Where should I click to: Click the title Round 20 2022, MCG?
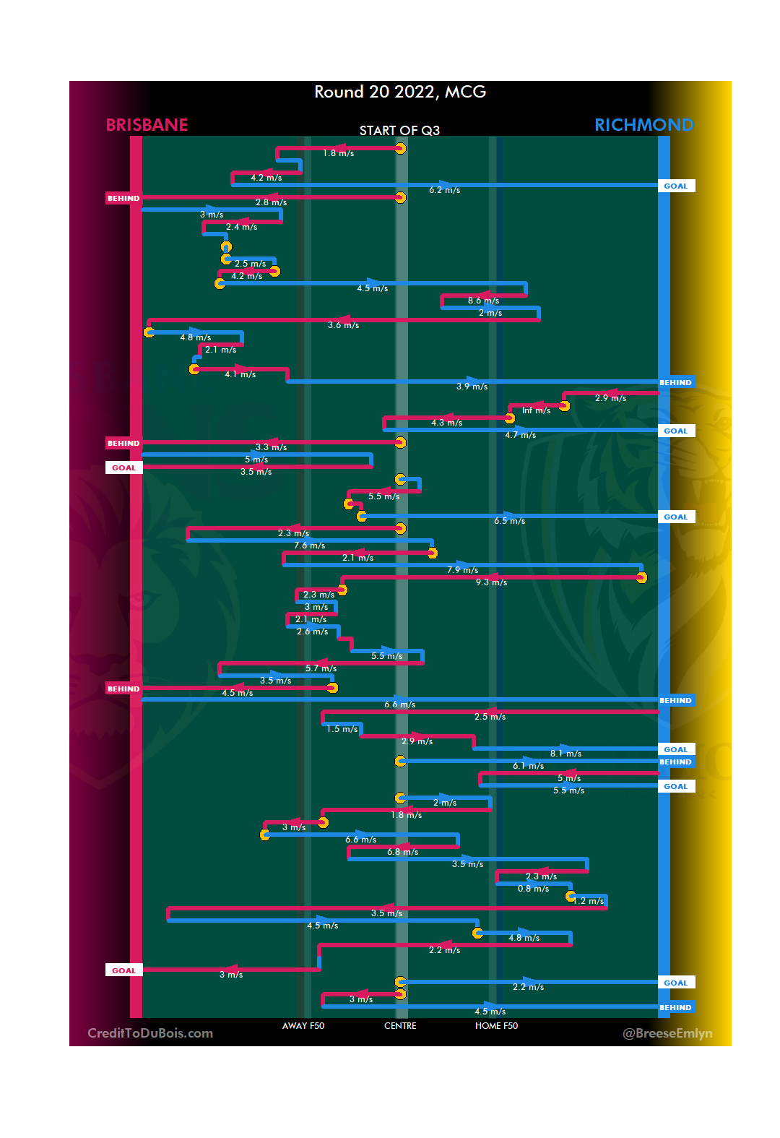[399, 92]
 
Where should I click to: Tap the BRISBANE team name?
[147, 125]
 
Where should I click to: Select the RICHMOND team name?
[643, 125]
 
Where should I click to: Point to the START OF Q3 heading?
[399, 131]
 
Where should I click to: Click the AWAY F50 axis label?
[303, 1026]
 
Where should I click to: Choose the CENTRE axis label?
[400, 1026]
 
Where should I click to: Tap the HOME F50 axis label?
[496, 1026]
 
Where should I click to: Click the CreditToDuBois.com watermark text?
[150, 1033]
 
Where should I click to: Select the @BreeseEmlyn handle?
[667, 1033]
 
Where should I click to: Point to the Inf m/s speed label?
[536, 410]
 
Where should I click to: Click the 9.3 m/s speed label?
[491, 582]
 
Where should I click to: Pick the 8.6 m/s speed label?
[483, 301]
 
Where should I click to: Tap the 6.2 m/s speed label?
[444, 190]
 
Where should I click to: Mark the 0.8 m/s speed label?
[533, 889]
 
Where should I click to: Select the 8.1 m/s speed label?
[565, 754]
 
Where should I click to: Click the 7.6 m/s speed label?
[309, 546]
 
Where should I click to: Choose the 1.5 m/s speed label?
[342, 729]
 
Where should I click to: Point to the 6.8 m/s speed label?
[402, 852]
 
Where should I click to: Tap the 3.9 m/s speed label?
[472, 387]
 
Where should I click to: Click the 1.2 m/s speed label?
[589, 901]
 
